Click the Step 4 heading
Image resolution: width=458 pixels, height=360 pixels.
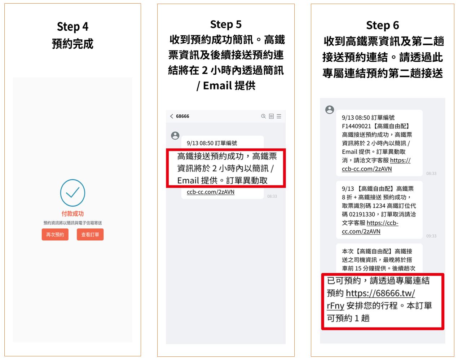(72, 27)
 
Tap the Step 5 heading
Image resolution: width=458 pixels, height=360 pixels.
(226, 25)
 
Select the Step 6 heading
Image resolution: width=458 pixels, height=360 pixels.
(382, 26)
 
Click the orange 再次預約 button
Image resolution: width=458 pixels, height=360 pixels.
(55, 234)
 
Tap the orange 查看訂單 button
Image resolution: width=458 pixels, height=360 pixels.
(90, 234)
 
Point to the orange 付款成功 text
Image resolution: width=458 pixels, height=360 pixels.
(72, 214)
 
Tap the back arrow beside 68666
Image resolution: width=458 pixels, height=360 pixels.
(172, 116)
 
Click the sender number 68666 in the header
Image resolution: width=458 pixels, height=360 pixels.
(182, 116)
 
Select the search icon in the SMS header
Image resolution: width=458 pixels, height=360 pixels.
(264, 116)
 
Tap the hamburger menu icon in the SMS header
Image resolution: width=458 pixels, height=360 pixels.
(279, 116)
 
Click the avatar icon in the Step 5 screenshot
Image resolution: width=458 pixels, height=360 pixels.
(175, 136)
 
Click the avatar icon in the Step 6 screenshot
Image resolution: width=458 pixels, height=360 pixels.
(330, 110)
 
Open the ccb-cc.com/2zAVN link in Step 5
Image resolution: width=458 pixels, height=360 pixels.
(211, 192)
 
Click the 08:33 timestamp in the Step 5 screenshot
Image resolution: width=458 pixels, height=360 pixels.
(272, 196)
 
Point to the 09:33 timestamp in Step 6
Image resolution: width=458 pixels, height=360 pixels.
(431, 236)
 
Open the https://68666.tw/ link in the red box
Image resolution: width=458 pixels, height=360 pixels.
(380, 293)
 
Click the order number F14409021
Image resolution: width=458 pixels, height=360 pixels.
(356, 126)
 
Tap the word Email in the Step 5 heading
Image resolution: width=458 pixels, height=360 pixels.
(217, 85)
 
